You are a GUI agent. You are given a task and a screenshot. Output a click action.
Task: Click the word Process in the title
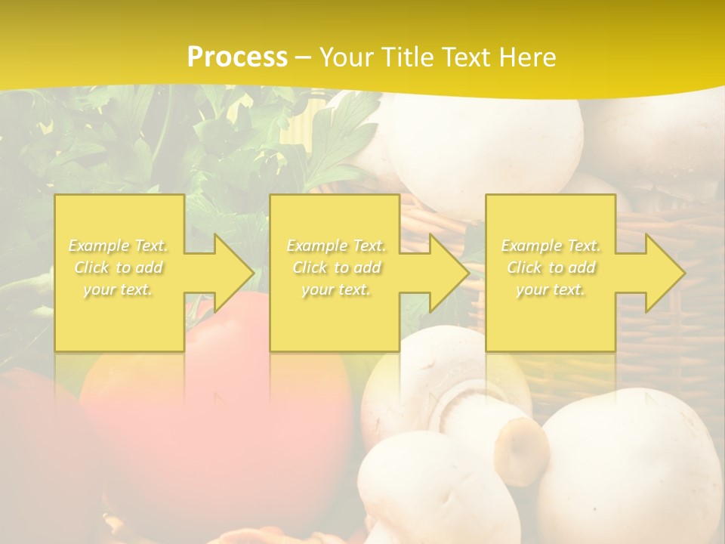(x=237, y=57)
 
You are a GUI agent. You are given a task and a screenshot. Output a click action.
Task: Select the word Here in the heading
(x=528, y=57)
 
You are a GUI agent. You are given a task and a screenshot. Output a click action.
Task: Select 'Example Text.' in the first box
(x=119, y=246)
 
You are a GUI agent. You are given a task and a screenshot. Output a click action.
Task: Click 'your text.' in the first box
(x=119, y=289)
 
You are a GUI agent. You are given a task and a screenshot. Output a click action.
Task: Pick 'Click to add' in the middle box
(x=337, y=267)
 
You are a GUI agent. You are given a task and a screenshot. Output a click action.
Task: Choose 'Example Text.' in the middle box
(x=337, y=246)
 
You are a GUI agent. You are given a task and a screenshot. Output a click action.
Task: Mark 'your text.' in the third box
(x=551, y=289)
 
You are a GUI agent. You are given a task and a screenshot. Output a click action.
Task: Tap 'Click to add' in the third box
(x=551, y=267)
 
